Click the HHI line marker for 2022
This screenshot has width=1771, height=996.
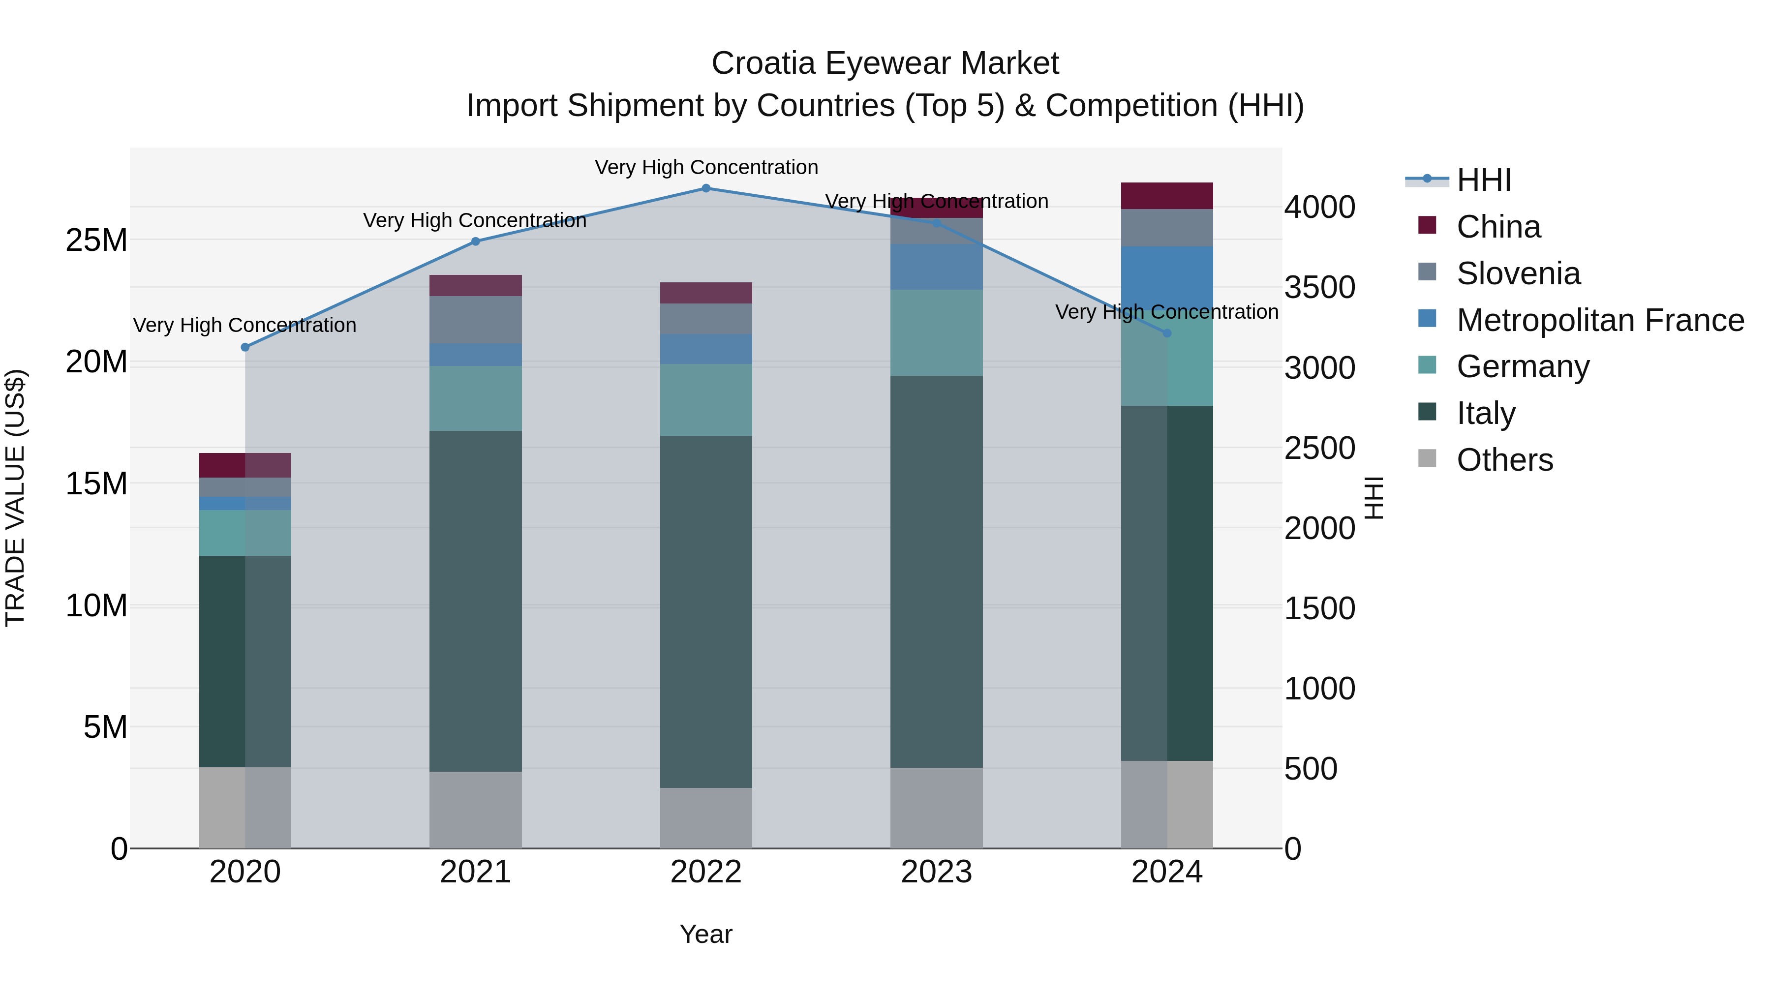tap(706, 188)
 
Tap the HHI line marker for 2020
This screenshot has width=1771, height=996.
tap(245, 347)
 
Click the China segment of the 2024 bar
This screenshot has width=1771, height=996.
tap(1167, 196)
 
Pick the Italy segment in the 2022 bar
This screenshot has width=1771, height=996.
tap(706, 612)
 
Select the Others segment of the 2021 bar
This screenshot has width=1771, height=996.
tap(475, 810)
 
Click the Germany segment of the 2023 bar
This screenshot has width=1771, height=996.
tap(936, 332)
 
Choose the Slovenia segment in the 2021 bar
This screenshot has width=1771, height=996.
tap(475, 320)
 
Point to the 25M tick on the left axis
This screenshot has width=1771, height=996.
tap(96, 241)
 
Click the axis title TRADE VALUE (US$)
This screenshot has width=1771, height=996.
tap(15, 498)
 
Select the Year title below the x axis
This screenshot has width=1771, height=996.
tap(706, 934)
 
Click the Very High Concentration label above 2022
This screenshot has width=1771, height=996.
tap(706, 167)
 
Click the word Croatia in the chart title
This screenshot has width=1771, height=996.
tap(763, 63)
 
